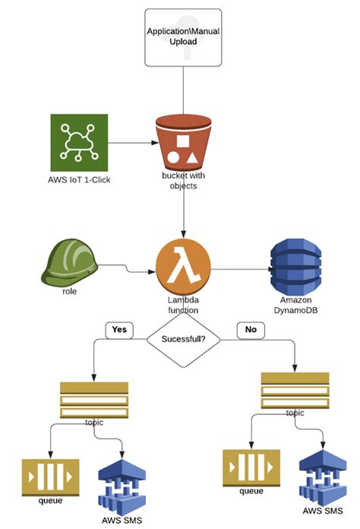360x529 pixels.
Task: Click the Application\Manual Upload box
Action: [x=183, y=36]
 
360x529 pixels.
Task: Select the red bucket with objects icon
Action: [x=182, y=144]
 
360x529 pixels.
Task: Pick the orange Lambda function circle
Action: [x=183, y=267]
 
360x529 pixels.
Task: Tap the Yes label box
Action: [x=118, y=330]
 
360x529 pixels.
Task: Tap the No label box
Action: [x=250, y=330]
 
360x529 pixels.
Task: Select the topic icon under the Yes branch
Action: [x=93, y=399]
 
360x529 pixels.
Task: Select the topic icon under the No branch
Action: [x=295, y=390]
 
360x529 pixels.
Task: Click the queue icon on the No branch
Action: [x=251, y=468]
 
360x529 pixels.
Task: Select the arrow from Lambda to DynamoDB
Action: [x=239, y=268]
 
